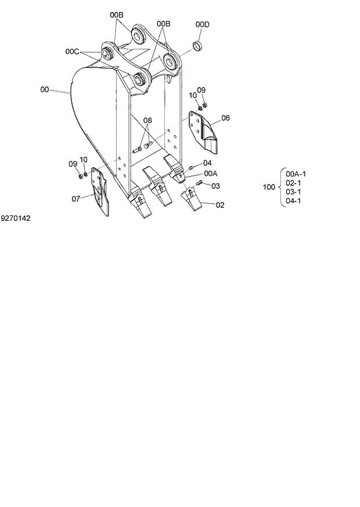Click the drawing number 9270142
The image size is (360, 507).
click(x=16, y=219)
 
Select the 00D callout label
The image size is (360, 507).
click(x=202, y=24)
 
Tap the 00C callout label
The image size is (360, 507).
click(x=72, y=52)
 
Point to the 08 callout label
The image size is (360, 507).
click(x=148, y=121)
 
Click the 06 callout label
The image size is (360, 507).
click(x=225, y=118)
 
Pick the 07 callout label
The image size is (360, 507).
click(x=75, y=199)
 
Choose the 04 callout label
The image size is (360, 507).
click(x=207, y=163)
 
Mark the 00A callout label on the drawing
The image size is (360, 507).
click(x=210, y=174)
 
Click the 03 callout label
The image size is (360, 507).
click(x=215, y=186)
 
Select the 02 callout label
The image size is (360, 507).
click(x=220, y=205)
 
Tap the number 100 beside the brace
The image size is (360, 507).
click(x=269, y=187)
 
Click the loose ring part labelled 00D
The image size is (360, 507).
click(x=198, y=45)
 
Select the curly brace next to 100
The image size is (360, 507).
click(x=282, y=187)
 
